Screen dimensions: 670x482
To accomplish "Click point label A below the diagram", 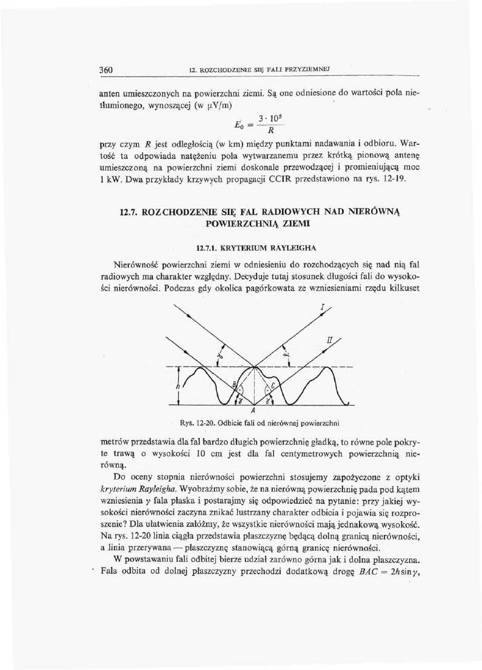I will (x=251, y=410).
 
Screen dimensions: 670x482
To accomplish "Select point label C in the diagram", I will (x=273, y=384).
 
